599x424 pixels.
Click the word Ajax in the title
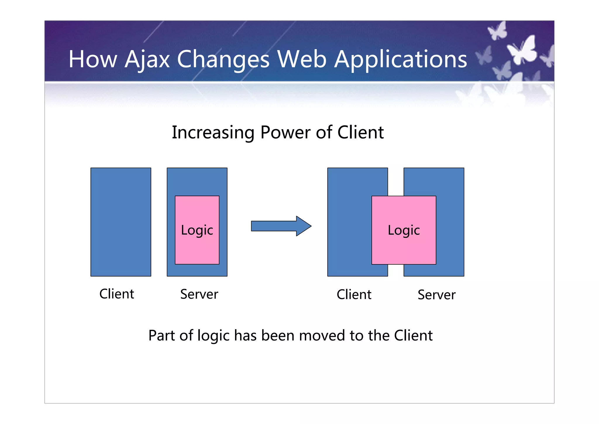(147, 59)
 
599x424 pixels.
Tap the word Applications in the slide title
(400, 59)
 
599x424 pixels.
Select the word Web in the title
(302, 59)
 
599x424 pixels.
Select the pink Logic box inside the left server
(197, 230)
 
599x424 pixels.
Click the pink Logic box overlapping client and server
(404, 230)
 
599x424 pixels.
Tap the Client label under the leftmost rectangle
(117, 294)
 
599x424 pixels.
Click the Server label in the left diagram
(199, 294)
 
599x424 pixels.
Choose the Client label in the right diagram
(354, 294)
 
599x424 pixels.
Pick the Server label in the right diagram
(436, 295)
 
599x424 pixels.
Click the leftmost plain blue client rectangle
(121, 222)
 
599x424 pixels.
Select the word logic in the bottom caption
(213, 336)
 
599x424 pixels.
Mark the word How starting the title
(93, 59)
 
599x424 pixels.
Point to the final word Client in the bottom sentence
(413, 335)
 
